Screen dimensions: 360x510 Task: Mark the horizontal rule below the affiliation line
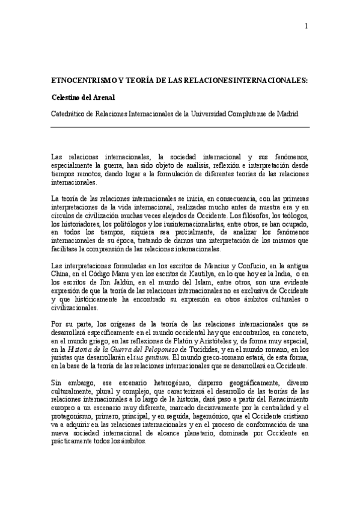[180, 127]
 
